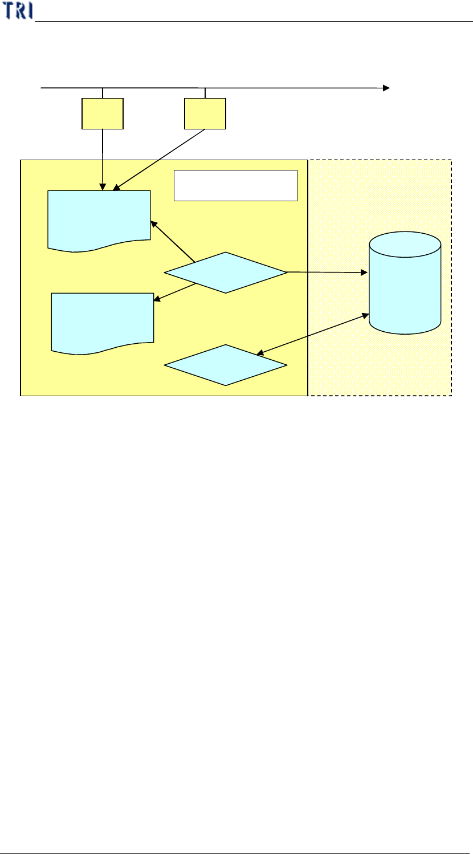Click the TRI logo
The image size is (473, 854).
[17, 11]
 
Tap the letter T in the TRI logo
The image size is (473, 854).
[8, 11]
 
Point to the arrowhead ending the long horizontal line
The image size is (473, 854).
[386, 88]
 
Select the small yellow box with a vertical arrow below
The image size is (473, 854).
[103, 113]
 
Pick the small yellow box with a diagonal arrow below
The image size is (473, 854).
[205, 113]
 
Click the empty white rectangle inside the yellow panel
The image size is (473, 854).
[235, 185]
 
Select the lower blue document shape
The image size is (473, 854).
[103, 322]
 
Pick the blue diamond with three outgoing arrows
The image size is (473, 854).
[226, 273]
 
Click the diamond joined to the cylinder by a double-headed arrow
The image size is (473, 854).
[226, 365]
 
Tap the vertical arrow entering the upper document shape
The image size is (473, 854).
[103, 160]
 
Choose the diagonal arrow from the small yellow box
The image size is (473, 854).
[160, 160]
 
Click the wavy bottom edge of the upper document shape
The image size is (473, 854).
[99, 247]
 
